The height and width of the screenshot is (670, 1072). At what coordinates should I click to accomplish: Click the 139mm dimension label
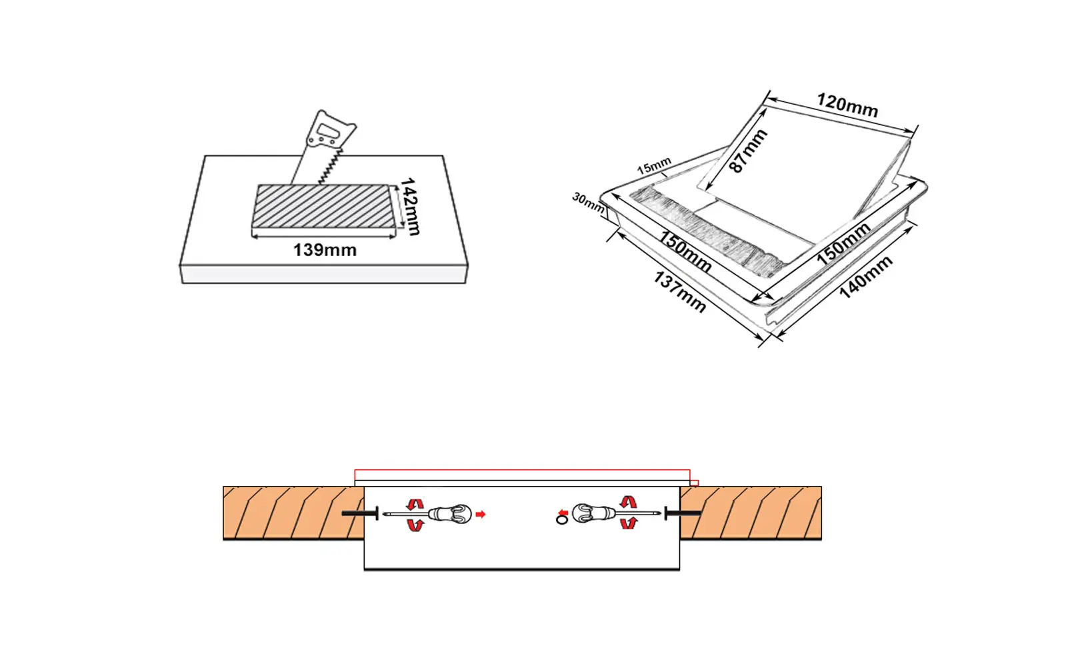[325, 250]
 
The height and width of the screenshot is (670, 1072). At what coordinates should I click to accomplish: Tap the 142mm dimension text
[409, 206]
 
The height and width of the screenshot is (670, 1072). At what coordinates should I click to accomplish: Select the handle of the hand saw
[329, 131]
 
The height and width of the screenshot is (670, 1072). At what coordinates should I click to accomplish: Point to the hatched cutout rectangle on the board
[324, 206]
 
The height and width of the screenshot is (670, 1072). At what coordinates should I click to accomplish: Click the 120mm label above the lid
[847, 105]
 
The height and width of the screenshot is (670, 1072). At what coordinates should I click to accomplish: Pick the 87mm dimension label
[747, 151]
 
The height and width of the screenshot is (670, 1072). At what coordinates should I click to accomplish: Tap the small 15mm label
[654, 166]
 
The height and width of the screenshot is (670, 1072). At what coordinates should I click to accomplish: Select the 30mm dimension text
[588, 203]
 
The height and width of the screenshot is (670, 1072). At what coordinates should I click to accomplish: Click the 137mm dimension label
[679, 291]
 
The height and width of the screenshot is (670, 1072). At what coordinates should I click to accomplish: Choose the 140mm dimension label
[865, 277]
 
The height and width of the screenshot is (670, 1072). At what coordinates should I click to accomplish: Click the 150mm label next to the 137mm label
[685, 251]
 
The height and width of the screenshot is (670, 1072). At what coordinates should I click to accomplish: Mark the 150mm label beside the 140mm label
[843, 243]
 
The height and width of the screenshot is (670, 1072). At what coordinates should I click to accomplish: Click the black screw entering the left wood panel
[360, 513]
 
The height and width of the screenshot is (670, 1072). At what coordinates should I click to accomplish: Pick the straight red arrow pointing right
[481, 514]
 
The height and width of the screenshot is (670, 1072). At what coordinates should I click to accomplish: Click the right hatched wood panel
[751, 513]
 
